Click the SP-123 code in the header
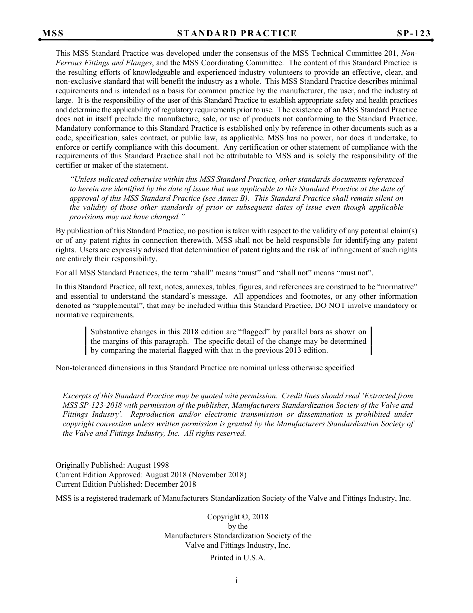pos(414,34)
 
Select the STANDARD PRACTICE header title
pos(237,34)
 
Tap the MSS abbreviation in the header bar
pos(53,34)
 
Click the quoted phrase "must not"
pos(356,273)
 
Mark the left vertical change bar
pos(86,340)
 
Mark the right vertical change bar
pos(371,340)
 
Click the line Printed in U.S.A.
pos(237,558)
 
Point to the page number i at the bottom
pos(237,581)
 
